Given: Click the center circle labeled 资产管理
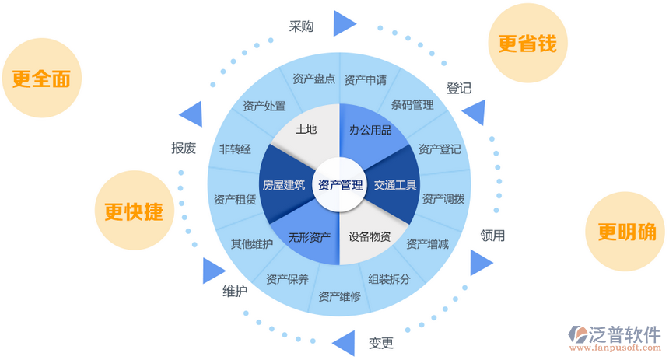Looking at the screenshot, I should click(341, 185).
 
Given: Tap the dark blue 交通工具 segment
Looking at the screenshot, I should click(394, 185).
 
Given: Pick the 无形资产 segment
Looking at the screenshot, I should click(310, 236).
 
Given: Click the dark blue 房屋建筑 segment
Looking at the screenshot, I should click(283, 185).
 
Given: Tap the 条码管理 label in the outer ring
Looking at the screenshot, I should click(412, 105).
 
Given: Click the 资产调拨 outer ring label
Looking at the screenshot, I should click(443, 199).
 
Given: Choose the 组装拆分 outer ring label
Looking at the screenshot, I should click(390, 278).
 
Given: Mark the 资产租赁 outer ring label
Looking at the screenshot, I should click(235, 199).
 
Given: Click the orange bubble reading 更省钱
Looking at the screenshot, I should click(527, 43).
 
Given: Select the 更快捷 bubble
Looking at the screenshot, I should click(133, 211).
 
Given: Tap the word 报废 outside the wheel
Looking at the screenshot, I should click(184, 148).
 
